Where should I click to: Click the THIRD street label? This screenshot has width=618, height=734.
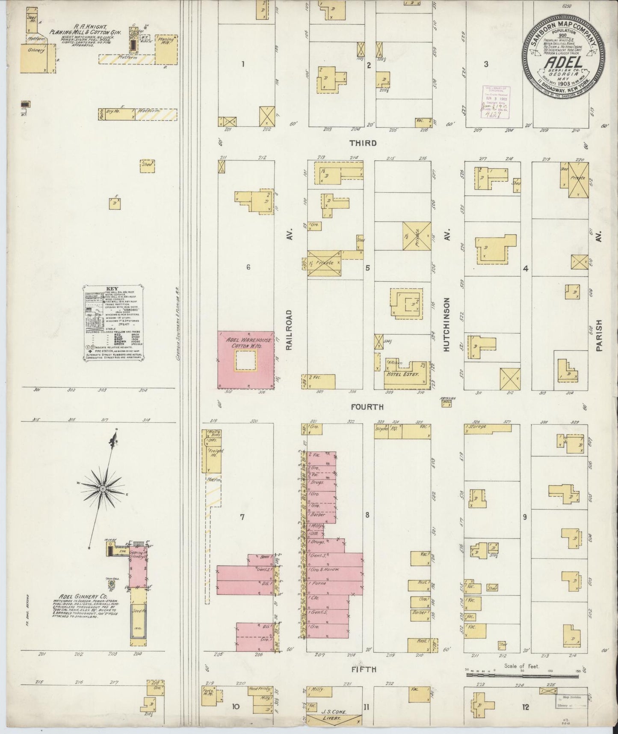[x=363, y=143]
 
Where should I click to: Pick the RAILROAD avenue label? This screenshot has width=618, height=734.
[x=289, y=330]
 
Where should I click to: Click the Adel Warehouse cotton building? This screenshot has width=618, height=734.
[x=245, y=359]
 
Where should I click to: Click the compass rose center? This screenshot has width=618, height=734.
[x=103, y=488]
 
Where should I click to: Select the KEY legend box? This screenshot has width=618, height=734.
[x=113, y=321]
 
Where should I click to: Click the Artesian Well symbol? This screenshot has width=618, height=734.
[x=447, y=403]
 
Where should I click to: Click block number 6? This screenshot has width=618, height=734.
[x=248, y=268]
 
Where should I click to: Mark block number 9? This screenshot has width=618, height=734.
[x=524, y=517]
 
